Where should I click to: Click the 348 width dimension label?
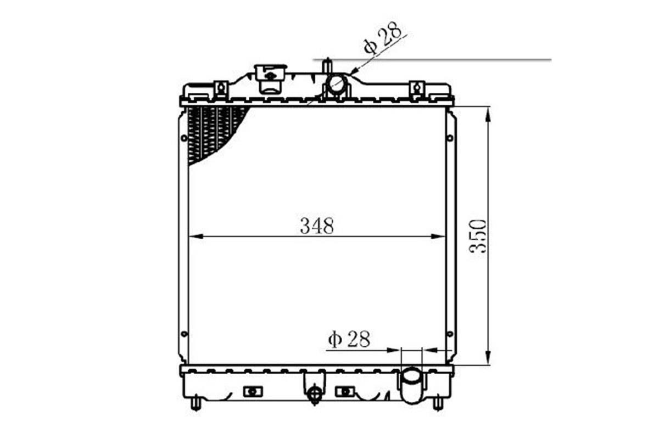pos(317,226)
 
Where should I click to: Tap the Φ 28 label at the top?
pos(382,38)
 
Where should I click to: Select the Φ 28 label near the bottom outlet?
pos(349,339)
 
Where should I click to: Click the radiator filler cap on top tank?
pos(270,78)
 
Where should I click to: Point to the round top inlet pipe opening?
pos(336,85)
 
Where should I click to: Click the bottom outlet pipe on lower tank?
pos(412,385)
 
